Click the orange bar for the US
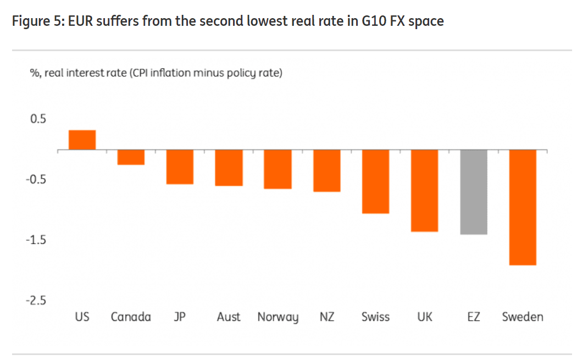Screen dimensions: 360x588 click(x=82, y=140)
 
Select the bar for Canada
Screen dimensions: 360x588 click(x=131, y=157)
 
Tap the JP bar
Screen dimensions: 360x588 click(x=180, y=167)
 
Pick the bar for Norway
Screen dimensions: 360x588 click(x=278, y=169)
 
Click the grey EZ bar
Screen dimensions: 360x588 click(x=474, y=192)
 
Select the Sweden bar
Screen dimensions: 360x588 click(x=523, y=207)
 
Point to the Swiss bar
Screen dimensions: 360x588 click(x=376, y=181)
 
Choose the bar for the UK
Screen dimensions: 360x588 click(x=425, y=191)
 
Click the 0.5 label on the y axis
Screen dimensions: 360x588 click(x=38, y=119)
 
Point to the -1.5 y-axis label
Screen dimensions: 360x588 click(x=36, y=240)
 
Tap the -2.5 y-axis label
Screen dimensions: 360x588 click(x=36, y=301)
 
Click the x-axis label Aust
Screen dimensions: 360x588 click(x=229, y=317)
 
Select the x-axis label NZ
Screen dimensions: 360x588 click(x=326, y=317)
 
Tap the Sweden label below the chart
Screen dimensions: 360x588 click(x=523, y=317)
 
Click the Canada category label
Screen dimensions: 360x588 click(x=131, y=317)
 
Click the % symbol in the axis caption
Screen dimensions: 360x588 click(x=33, y=73)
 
